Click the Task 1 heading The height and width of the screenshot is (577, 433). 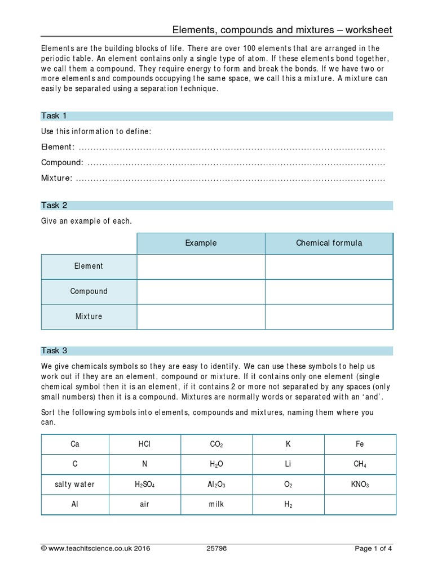54,116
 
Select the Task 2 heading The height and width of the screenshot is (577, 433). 54,206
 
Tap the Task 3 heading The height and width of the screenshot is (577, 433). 54,350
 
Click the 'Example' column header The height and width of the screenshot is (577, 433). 201,243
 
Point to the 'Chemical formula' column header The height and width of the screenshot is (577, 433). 329,243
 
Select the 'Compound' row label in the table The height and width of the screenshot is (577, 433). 89,291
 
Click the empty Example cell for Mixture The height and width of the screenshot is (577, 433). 201,317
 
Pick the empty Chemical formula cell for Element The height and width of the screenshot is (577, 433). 329,266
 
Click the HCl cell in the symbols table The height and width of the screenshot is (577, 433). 144,444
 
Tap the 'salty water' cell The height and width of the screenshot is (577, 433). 75,484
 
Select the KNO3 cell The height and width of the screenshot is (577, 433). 360,484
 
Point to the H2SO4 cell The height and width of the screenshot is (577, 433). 144,484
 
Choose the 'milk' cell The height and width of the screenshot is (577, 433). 216,504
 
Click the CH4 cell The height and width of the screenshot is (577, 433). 360,464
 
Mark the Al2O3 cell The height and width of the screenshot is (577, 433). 216,484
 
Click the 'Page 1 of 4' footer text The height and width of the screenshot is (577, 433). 373,548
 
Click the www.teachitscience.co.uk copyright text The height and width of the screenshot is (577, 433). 96,548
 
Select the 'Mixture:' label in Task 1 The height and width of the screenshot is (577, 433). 57,178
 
